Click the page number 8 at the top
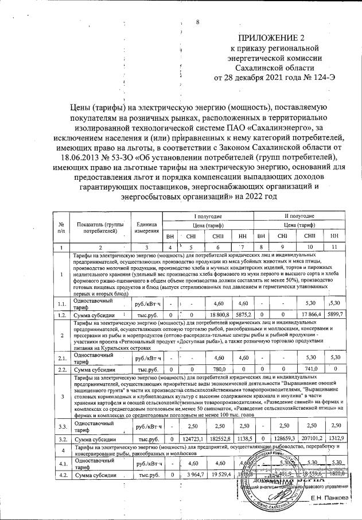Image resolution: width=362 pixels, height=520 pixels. (197, 22)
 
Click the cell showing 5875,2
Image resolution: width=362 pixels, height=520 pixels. (243, 315)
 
